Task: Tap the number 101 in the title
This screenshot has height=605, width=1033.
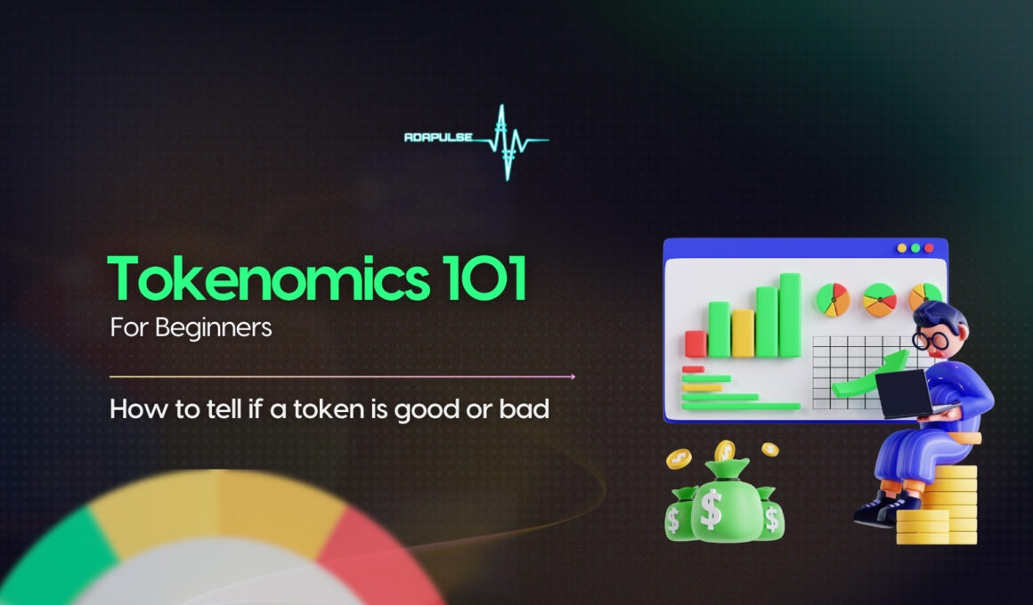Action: pos(484,278)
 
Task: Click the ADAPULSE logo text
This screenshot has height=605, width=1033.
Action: pos(438,137)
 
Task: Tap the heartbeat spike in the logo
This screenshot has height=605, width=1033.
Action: pos(505,141)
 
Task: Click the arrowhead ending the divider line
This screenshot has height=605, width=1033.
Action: pos(572,377)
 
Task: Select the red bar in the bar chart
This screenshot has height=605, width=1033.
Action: pos(695,343)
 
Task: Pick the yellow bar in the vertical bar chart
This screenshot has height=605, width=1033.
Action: pos(743,333)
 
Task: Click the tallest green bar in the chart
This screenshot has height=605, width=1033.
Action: pos(790,315)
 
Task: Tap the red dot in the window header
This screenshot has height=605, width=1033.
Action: pos(929,248)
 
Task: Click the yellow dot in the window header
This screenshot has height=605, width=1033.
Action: pos(902,248)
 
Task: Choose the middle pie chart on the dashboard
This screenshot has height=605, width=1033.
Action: pos(880,300)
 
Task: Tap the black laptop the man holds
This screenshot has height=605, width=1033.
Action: pos(904,393)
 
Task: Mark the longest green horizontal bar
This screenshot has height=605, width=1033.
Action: pos(741,407)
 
